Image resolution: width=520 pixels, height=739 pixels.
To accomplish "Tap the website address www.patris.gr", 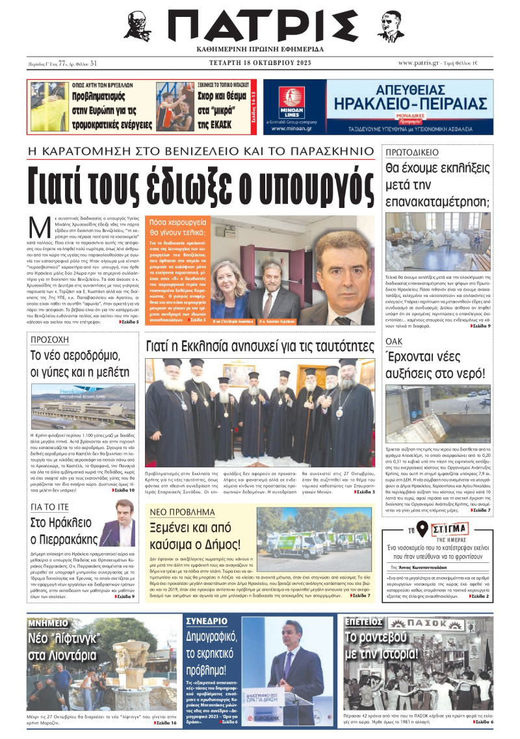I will click(x=422, y=62).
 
